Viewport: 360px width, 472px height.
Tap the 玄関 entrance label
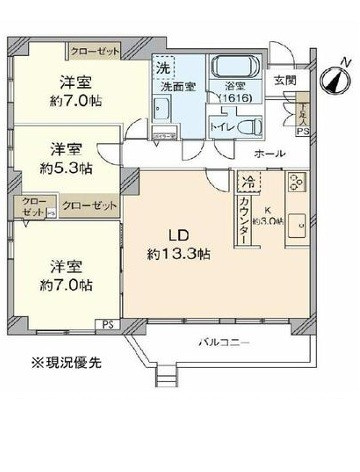coord(284,81)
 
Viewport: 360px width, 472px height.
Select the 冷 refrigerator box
coord(246,182)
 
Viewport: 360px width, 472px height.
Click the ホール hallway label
coord(270,153)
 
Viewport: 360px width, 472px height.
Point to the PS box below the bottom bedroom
coord(107,323)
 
